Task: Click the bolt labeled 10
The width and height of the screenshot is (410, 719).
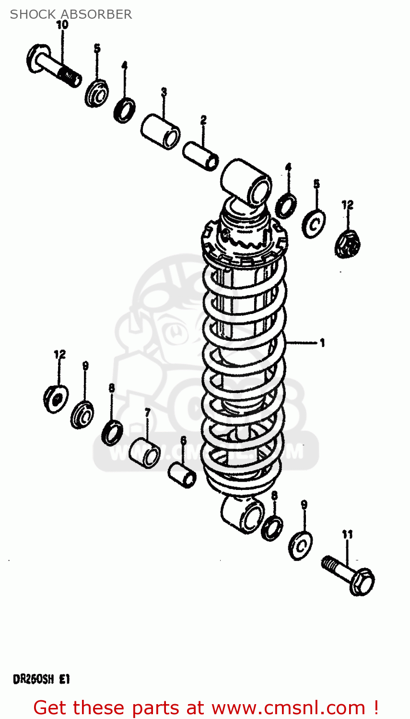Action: (x=53, y=66)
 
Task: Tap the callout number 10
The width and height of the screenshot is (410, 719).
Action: (x=62, y=25)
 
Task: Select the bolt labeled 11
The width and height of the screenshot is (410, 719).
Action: (x=349, y=576)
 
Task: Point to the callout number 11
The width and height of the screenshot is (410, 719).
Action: (x=347, y=534)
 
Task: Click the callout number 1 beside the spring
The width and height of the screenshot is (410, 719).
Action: (x=322, y=343)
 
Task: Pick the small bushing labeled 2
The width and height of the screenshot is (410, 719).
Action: (x=201, y=155)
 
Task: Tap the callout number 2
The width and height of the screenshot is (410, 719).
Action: (x=203, y=120)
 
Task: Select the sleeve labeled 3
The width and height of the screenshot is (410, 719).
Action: (x=161, y=131)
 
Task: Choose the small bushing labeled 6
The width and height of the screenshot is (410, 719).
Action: (x=182, y=474)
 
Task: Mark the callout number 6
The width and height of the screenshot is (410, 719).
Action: (x=183, y=440)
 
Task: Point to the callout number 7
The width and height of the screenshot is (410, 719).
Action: (x=147, y=412)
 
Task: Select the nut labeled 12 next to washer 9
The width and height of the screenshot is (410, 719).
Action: (x=56, y=398)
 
